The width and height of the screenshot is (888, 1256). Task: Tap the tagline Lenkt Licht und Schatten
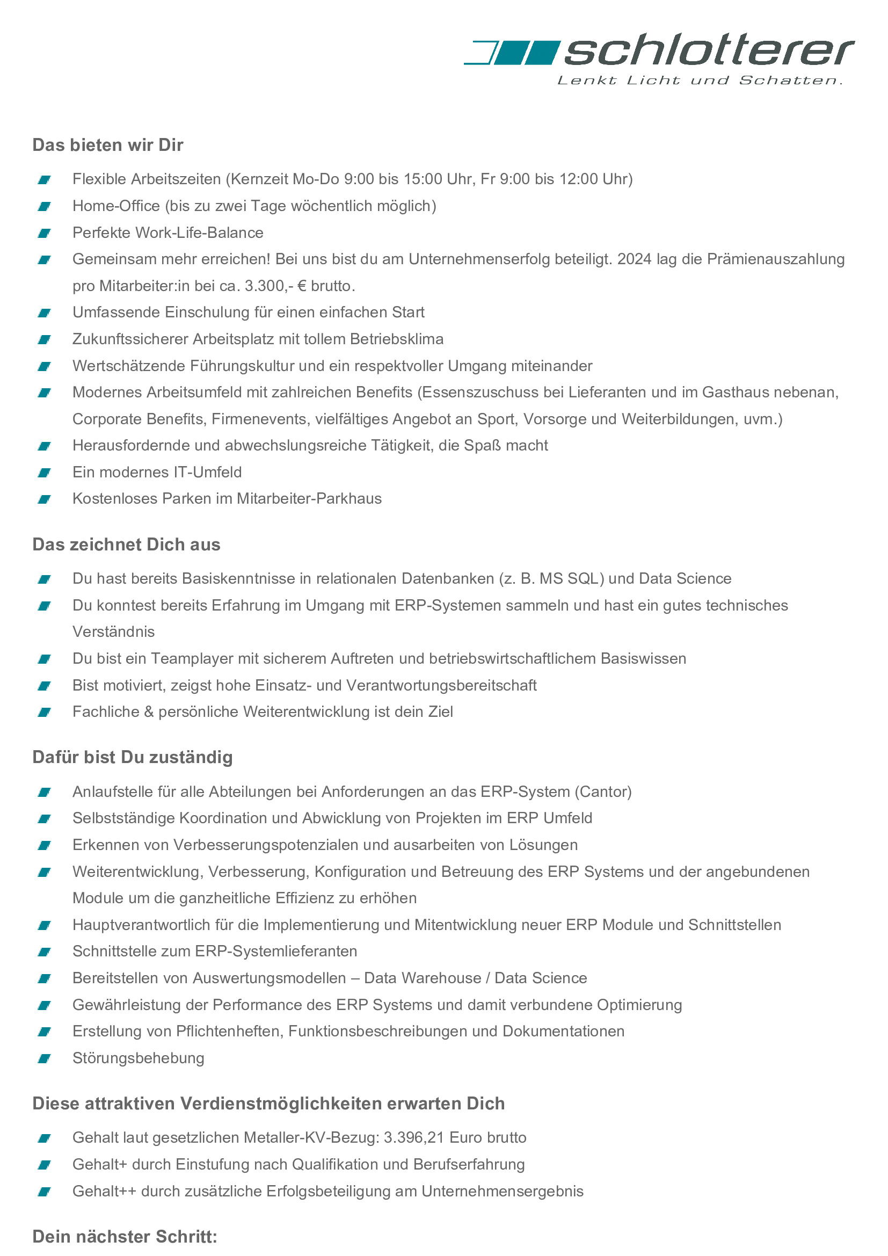(700, 81)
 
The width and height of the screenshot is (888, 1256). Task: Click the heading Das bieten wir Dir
(108, 145)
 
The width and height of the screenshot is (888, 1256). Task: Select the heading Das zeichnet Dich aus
(126, 544)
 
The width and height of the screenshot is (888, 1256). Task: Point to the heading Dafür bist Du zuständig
(132, 757)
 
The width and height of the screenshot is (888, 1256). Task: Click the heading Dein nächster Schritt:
(125, 1236)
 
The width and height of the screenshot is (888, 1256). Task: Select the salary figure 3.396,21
(414, 1137)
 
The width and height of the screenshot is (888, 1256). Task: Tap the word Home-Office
(116, 206)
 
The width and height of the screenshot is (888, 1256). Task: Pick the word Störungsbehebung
(139, 1058)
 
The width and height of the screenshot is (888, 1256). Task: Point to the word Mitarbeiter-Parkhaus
(309, 498)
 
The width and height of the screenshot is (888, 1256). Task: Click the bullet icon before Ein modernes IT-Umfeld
(44, 473)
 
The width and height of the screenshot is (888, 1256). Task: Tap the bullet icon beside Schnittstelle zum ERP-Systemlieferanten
(44, 952)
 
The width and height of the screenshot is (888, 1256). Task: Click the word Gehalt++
(105, 1191)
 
